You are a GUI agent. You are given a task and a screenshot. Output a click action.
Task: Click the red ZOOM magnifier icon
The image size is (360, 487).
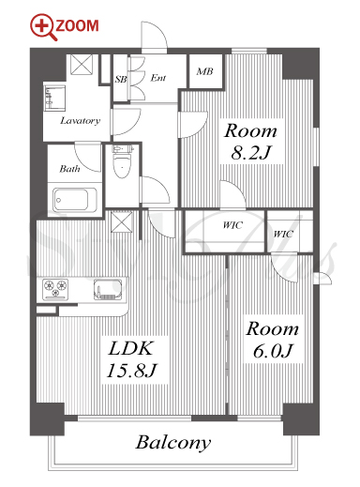[x=43, y=26]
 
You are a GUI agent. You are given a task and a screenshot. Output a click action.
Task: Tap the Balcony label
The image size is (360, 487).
[x=173, y=443]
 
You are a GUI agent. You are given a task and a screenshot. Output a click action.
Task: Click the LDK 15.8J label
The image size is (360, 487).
[x=131, y=360]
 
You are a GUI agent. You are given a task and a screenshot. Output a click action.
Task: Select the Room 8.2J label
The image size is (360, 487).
[x=250, y=142]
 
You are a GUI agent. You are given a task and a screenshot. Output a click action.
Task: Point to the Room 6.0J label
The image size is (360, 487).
[x=273, y=339]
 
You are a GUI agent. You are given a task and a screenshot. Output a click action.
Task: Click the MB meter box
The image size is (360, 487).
[x=205, y=71]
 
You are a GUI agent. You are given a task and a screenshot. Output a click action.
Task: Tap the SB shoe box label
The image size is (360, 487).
[x=121, y=79]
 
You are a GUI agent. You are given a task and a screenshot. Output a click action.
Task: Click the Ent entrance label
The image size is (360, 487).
[x=158, y=78]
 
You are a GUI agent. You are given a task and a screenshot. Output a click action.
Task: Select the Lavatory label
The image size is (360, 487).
[x=81, y=120]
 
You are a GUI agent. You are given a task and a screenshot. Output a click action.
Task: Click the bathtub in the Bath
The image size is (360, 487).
[x=75, y=200]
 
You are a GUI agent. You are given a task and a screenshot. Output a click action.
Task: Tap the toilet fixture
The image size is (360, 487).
[x=122, y=161]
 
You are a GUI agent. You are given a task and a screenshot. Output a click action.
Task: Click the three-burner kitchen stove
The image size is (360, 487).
[x=55, y=289]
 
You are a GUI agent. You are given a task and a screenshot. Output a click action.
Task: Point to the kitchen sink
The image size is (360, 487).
[x=108, y=290]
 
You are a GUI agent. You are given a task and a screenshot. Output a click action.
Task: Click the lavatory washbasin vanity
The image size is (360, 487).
[x=54, y=98]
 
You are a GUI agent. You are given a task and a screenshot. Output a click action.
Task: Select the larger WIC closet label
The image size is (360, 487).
[x=232, y=225]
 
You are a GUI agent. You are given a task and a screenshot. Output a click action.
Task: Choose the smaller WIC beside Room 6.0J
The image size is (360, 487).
[x=283, y=234]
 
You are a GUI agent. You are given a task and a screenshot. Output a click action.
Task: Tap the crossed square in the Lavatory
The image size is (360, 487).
[x=82, y=65]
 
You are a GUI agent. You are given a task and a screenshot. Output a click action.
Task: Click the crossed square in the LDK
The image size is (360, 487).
[x=122, y=221]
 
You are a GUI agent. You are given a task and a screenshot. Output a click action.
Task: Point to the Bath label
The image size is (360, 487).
[x=69, y=169]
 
